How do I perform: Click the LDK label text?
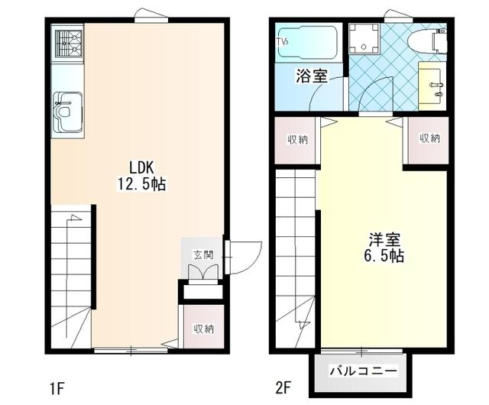tap(142, 167)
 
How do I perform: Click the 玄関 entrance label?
tap(202, 254)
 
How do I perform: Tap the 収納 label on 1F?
tap(202, 329)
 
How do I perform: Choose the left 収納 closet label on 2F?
tap(298, 139)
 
